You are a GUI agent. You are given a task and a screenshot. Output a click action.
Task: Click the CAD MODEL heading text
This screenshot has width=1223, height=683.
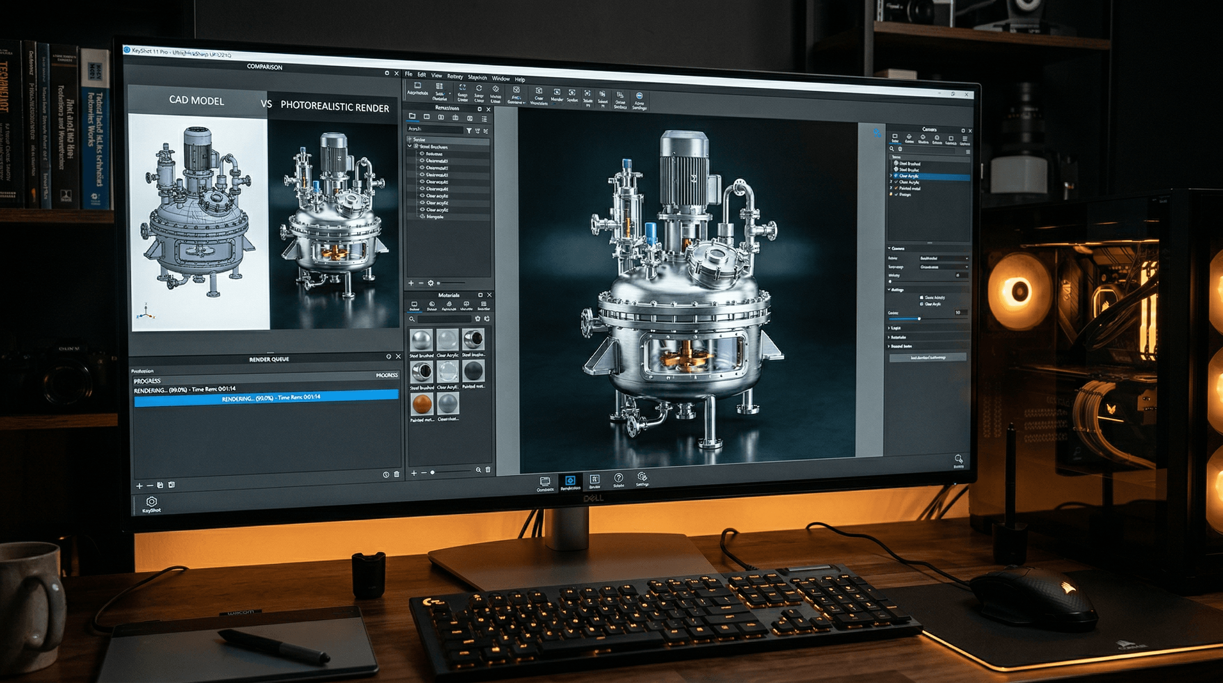(x=196, y=100)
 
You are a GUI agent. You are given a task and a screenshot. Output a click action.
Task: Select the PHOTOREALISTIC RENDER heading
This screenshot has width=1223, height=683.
(x=334, y=107)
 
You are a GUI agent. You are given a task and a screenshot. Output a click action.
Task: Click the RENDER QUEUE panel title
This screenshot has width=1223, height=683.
(x=269, y=360)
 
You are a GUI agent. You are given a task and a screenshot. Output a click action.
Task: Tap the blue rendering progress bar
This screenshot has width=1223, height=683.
(x=266, y=398)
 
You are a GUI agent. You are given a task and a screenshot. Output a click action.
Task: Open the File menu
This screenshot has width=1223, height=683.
(x=408, y=75)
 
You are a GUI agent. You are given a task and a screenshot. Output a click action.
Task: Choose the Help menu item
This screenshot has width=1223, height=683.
(x=520, y=80)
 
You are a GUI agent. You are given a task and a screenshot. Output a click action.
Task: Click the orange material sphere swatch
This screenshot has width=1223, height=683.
(x=422, y=404)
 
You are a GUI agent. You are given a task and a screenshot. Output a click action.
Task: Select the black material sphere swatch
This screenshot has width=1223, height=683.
(x=473, y=371)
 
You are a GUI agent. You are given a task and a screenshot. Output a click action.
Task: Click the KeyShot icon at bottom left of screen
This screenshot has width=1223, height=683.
(x=152, y=502)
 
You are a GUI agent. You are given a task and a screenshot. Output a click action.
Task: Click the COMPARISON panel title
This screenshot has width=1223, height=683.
(x=264, y=67)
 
